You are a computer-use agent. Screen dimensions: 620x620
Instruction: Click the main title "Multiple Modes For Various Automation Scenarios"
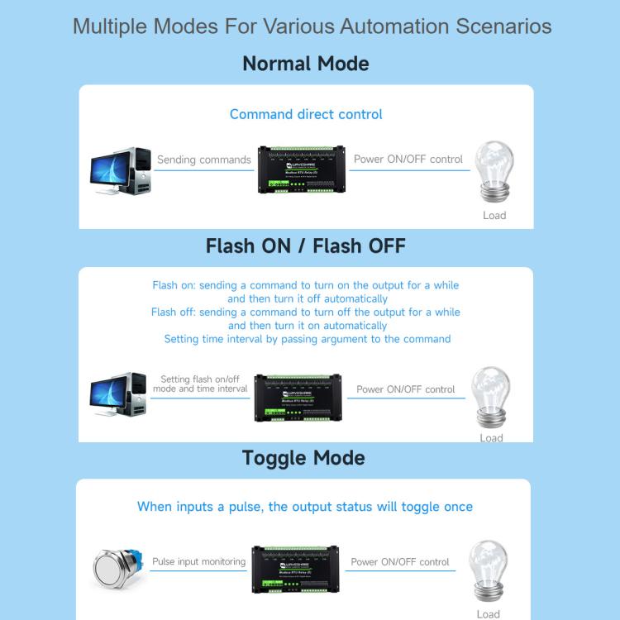[x=312, y=26]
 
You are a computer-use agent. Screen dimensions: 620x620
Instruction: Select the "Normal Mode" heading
[x=306, y=64]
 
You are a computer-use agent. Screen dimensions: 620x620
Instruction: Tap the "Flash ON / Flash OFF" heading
[x=306, y=246]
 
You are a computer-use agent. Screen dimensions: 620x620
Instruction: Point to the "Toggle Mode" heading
[x=303, y=458]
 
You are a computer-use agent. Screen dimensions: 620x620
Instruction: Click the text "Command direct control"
[x=306, y=114]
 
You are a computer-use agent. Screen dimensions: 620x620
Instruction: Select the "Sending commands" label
[x=203, y=160]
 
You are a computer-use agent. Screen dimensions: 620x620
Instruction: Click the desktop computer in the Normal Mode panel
[x=121, y=171]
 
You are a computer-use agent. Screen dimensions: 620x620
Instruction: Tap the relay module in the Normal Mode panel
[x=302, y=169]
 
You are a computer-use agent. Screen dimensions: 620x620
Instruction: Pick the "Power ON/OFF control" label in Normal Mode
[x=408, y=159]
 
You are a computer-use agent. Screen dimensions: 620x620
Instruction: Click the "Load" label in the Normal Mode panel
[x=494, y=216]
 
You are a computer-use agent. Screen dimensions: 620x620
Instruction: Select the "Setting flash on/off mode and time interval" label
[x=200, y=384]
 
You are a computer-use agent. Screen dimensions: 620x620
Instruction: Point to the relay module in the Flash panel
[x=298, y=398]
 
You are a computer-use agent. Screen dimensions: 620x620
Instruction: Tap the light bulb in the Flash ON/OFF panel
[x=491, y=396]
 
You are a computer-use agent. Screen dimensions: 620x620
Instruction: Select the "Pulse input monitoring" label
[x=198, y=561]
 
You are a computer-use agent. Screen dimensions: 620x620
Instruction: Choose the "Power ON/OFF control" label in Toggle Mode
[x=400, y=561]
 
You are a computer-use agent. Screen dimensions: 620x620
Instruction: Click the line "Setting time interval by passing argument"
[x=307, y=339]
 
